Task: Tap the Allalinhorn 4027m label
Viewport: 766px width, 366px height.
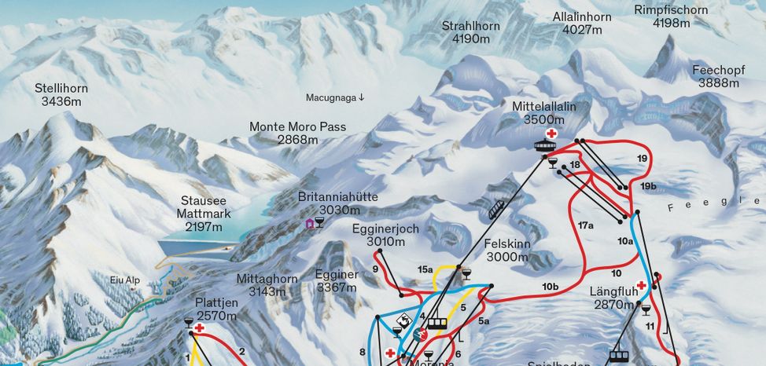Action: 581,23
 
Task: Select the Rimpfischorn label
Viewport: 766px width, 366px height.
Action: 670,16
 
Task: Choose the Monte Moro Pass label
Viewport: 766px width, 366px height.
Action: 297,133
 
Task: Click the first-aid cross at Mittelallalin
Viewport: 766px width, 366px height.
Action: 551,134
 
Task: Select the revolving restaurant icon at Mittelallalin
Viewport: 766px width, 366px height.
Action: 547,147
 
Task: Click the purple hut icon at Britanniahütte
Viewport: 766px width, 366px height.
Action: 310,224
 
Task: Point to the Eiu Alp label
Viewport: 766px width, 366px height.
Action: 125,279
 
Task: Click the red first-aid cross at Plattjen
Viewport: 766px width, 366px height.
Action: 200,328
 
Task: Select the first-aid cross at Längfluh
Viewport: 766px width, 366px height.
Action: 642,286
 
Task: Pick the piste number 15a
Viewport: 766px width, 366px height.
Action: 425,270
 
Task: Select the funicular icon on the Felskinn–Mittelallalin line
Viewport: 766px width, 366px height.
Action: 496,209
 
